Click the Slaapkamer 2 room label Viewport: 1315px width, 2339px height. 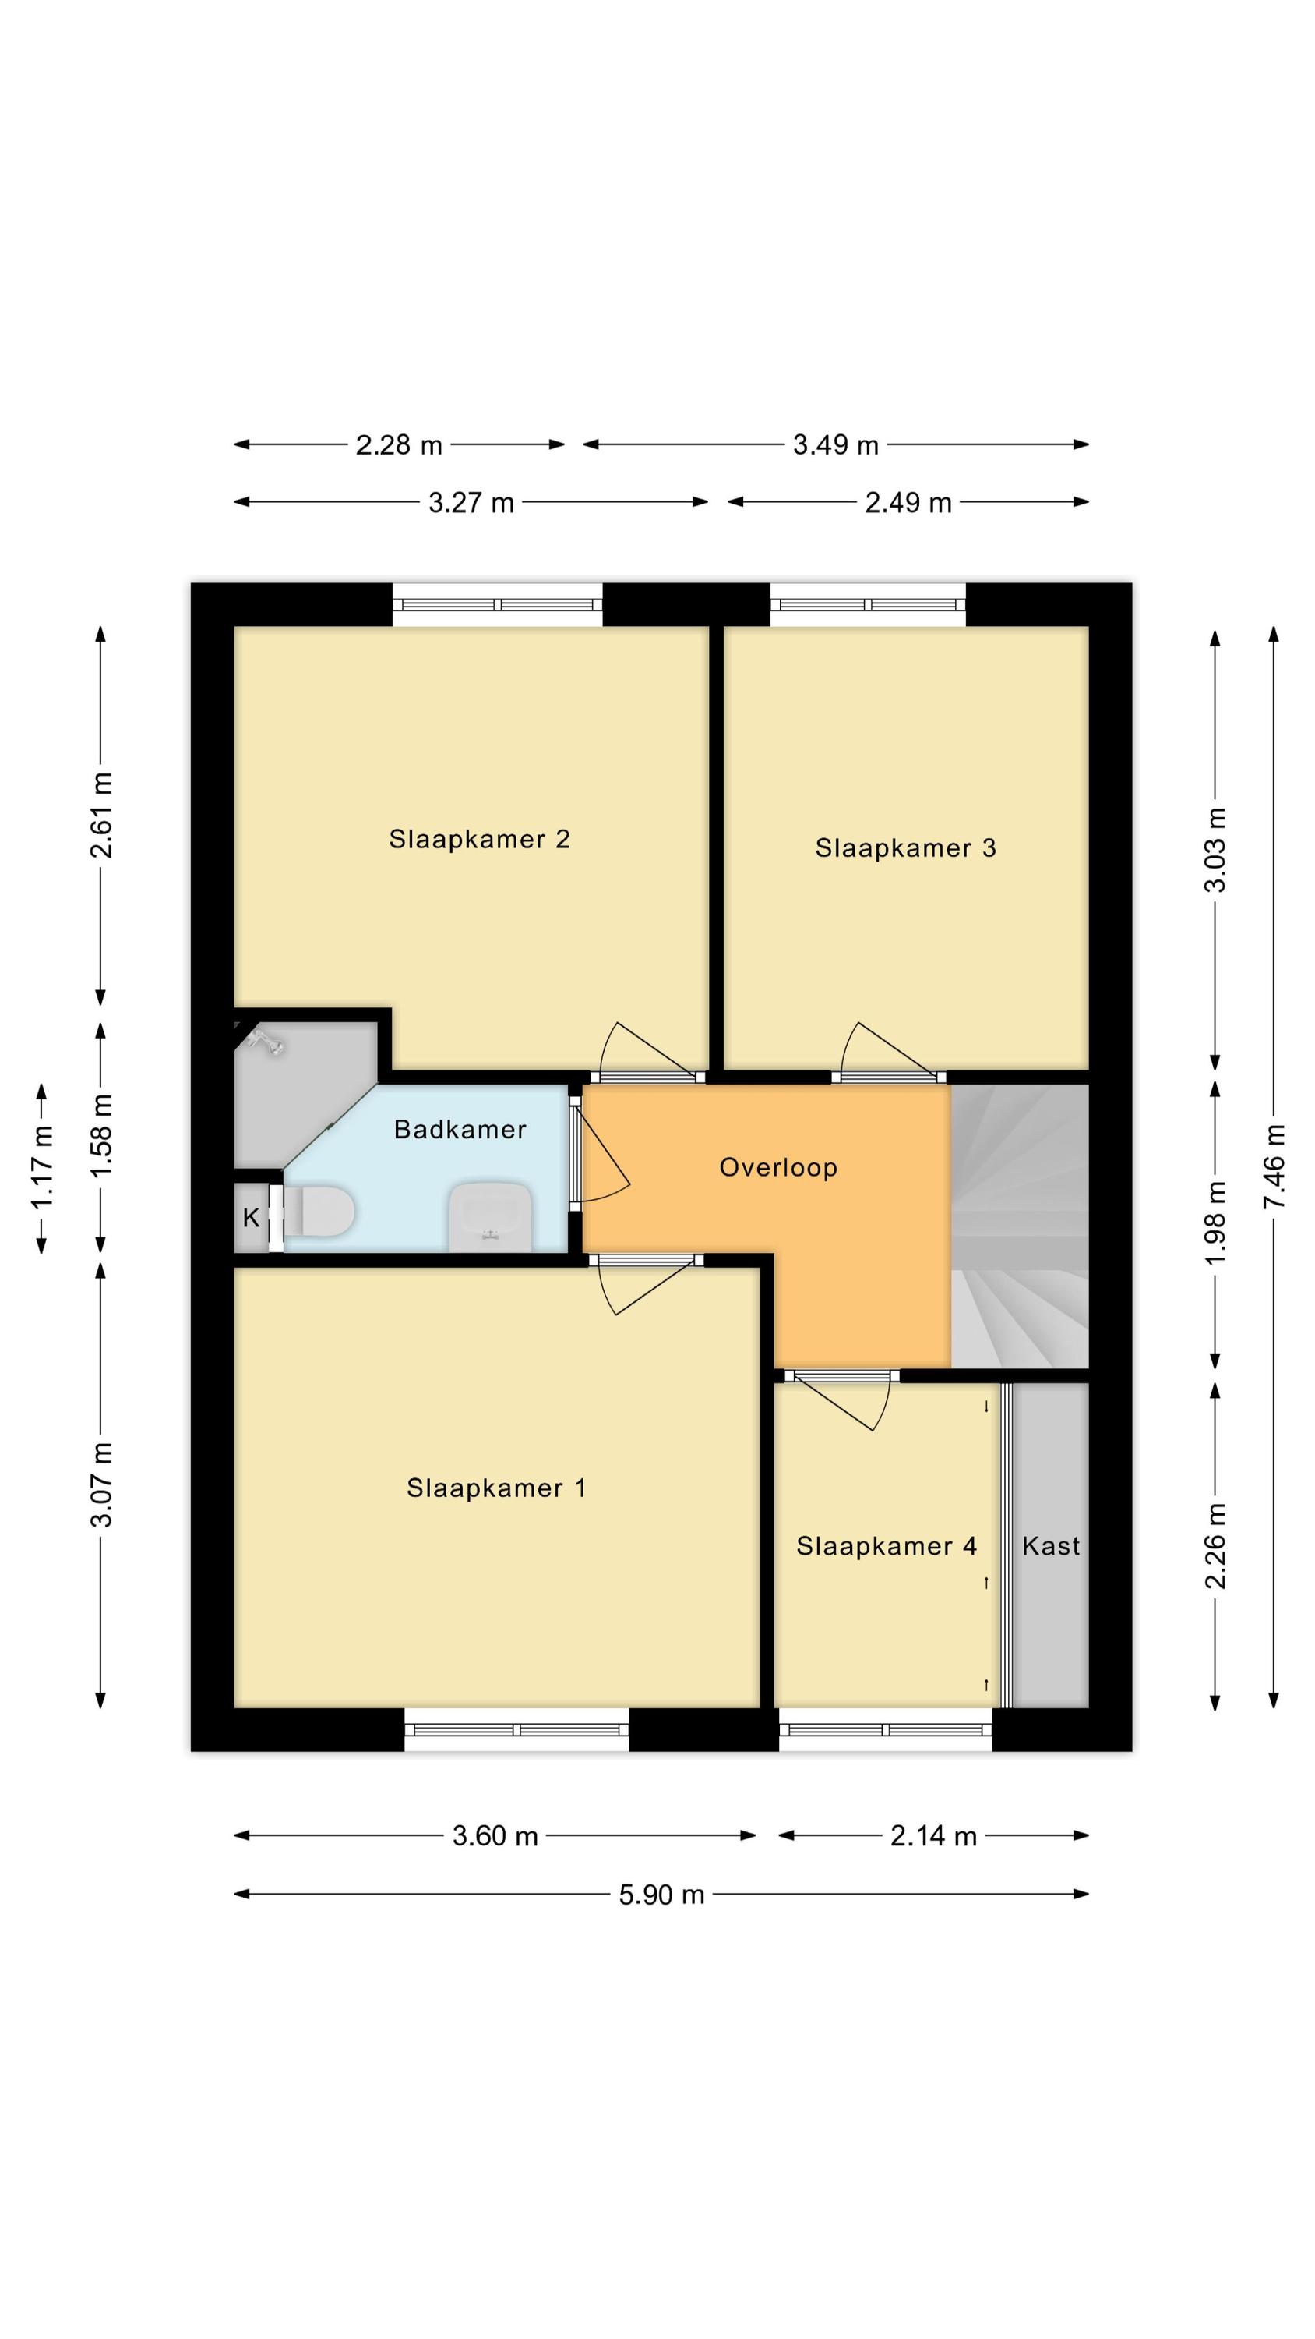click(479, 839)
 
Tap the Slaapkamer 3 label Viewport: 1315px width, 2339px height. click(906, 848)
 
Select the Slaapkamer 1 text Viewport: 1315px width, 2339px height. click(496, 1488)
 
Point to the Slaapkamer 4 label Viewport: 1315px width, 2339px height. click(887, 1546)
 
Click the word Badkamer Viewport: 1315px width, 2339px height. click(460, 1130)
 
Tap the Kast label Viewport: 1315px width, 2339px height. click(1051, 1546)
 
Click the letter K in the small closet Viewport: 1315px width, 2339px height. click(252, 1218)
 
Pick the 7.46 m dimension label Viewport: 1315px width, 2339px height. click(1274, 1167)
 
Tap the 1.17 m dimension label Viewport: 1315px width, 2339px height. click(42, 1167)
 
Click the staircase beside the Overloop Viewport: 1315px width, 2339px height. click(1019, 1226)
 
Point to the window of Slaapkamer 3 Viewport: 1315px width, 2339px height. click(868, 605)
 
